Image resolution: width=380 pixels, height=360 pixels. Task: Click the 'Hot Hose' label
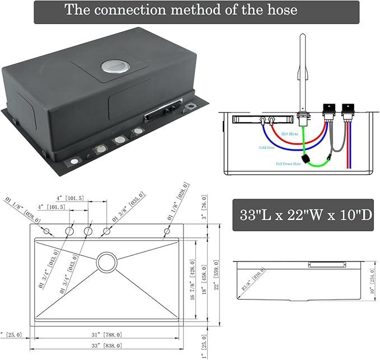290,134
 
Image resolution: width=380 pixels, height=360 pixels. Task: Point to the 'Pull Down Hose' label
288,164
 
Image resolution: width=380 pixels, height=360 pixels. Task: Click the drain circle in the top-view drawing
105,261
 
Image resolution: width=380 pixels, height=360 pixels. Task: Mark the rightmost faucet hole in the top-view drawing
167,232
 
